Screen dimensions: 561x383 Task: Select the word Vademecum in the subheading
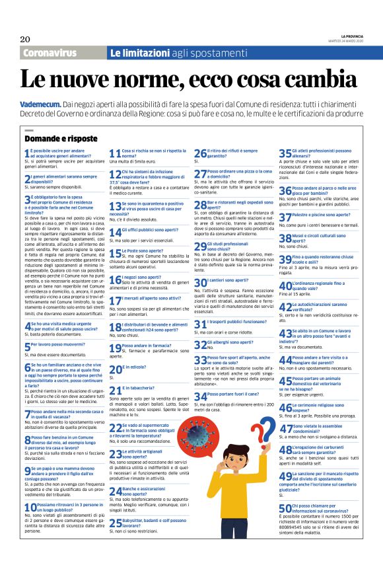(42, 104)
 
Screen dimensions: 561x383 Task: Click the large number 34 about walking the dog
(200, 396)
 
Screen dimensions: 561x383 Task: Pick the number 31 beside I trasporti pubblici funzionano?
(199, 324)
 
